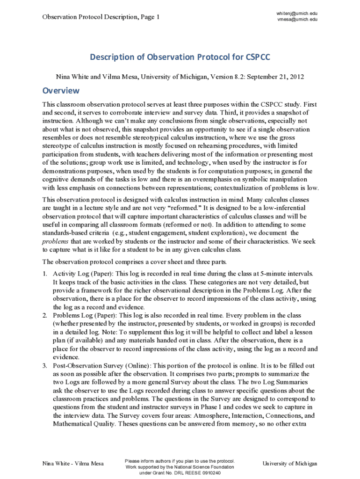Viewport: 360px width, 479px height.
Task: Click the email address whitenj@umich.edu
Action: click(x=297, y=14)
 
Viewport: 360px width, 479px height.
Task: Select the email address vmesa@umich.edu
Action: click(x=297, y=20)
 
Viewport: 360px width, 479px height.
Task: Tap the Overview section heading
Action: click(x=61, y=90)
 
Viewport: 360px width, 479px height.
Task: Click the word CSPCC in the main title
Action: click(x=258, y=58)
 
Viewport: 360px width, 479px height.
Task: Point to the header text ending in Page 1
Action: click(x=101, y=17)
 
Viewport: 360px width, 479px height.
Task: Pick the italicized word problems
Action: click(x=55, y=241)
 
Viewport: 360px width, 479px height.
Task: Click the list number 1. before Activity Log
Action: click(x=45, y=273)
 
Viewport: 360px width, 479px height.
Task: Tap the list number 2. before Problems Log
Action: click(x=45, y=315)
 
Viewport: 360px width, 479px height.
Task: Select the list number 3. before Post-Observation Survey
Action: click(x=45, y=366)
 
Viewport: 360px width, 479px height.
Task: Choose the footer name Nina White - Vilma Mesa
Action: click(x=73, y=464)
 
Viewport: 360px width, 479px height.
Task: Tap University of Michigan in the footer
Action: click(x=289, y=464)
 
